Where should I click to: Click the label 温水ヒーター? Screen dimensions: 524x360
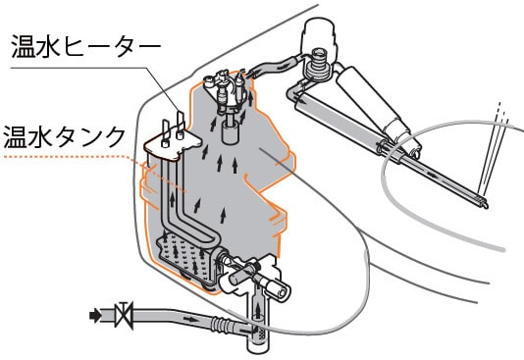pyautogui.click(x=86, y=46)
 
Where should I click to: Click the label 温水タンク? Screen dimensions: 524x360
pyautogui.click(x=64, y=136)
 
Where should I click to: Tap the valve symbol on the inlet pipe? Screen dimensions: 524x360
pyautogui.click(x=124, y=315)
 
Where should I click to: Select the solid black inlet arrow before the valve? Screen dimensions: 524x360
pyautogui.click(x=95, y=315)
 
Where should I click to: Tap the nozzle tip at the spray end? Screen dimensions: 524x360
pyautogui.click(x=483, y=203)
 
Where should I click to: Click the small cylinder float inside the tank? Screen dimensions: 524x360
pyautogui.click(x=231, y=132)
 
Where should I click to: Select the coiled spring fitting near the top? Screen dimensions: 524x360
pyautogui.click(x=316, y=66)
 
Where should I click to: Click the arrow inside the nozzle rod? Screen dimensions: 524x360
pyautogui.click(x=432, y=174)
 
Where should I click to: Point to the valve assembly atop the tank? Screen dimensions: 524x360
pyautogui.click(x=228, y=89)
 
